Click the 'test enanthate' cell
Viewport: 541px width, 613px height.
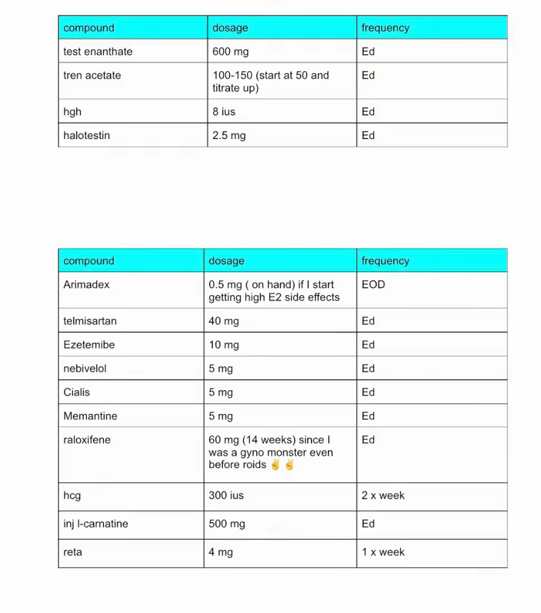[x=97, y=52]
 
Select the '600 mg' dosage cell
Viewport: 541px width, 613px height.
[x=230, y=52]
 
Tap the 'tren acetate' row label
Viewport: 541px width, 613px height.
[x=92, y=75]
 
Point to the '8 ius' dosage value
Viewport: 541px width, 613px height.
[x=223, y=112]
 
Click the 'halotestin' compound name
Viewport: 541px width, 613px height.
[x=86, y=136]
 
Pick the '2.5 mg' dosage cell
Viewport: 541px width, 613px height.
[x=229, y=136]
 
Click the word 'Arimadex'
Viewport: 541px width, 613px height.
[x=86, y=285]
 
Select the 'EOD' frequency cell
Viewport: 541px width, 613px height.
[x=373, y=285]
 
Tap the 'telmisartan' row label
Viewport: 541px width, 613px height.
[x=90, y=321]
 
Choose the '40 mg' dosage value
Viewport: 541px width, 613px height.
[x=223, y=321]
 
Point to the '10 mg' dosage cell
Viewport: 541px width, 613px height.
[x=223, y=345]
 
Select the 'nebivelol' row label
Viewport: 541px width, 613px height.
[x=85, y=369]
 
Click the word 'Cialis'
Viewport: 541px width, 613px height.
[x=76, y=392]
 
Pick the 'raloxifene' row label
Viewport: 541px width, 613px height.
[x=87, y=440]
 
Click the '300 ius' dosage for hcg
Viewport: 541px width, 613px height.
[x=226, y=495]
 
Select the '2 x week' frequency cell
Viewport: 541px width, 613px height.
[x=383, y=495]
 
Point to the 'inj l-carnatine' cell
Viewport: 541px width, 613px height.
[x=95, y=524]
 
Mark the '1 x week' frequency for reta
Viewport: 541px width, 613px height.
[x=383, y=552]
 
